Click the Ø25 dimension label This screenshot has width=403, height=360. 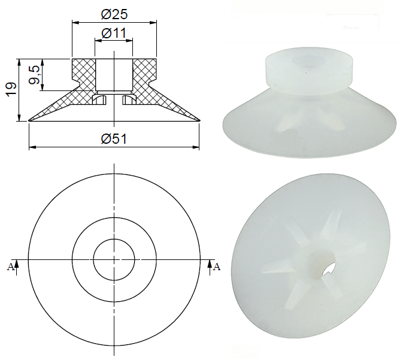click(x=114, y=14)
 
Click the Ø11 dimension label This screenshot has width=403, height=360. click(x=114, y=33)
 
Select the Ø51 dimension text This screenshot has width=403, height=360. click(x=114, y=139)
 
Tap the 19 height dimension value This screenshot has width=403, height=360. click(x=11, y=90)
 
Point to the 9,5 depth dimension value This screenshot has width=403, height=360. click(x=34, y=74)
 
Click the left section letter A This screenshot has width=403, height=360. click(x=10, y=267)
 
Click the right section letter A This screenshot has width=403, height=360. click(x=217, y=267)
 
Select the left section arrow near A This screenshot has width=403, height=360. click(x=16, y=267)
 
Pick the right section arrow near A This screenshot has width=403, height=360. click(x=210, y=267)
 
